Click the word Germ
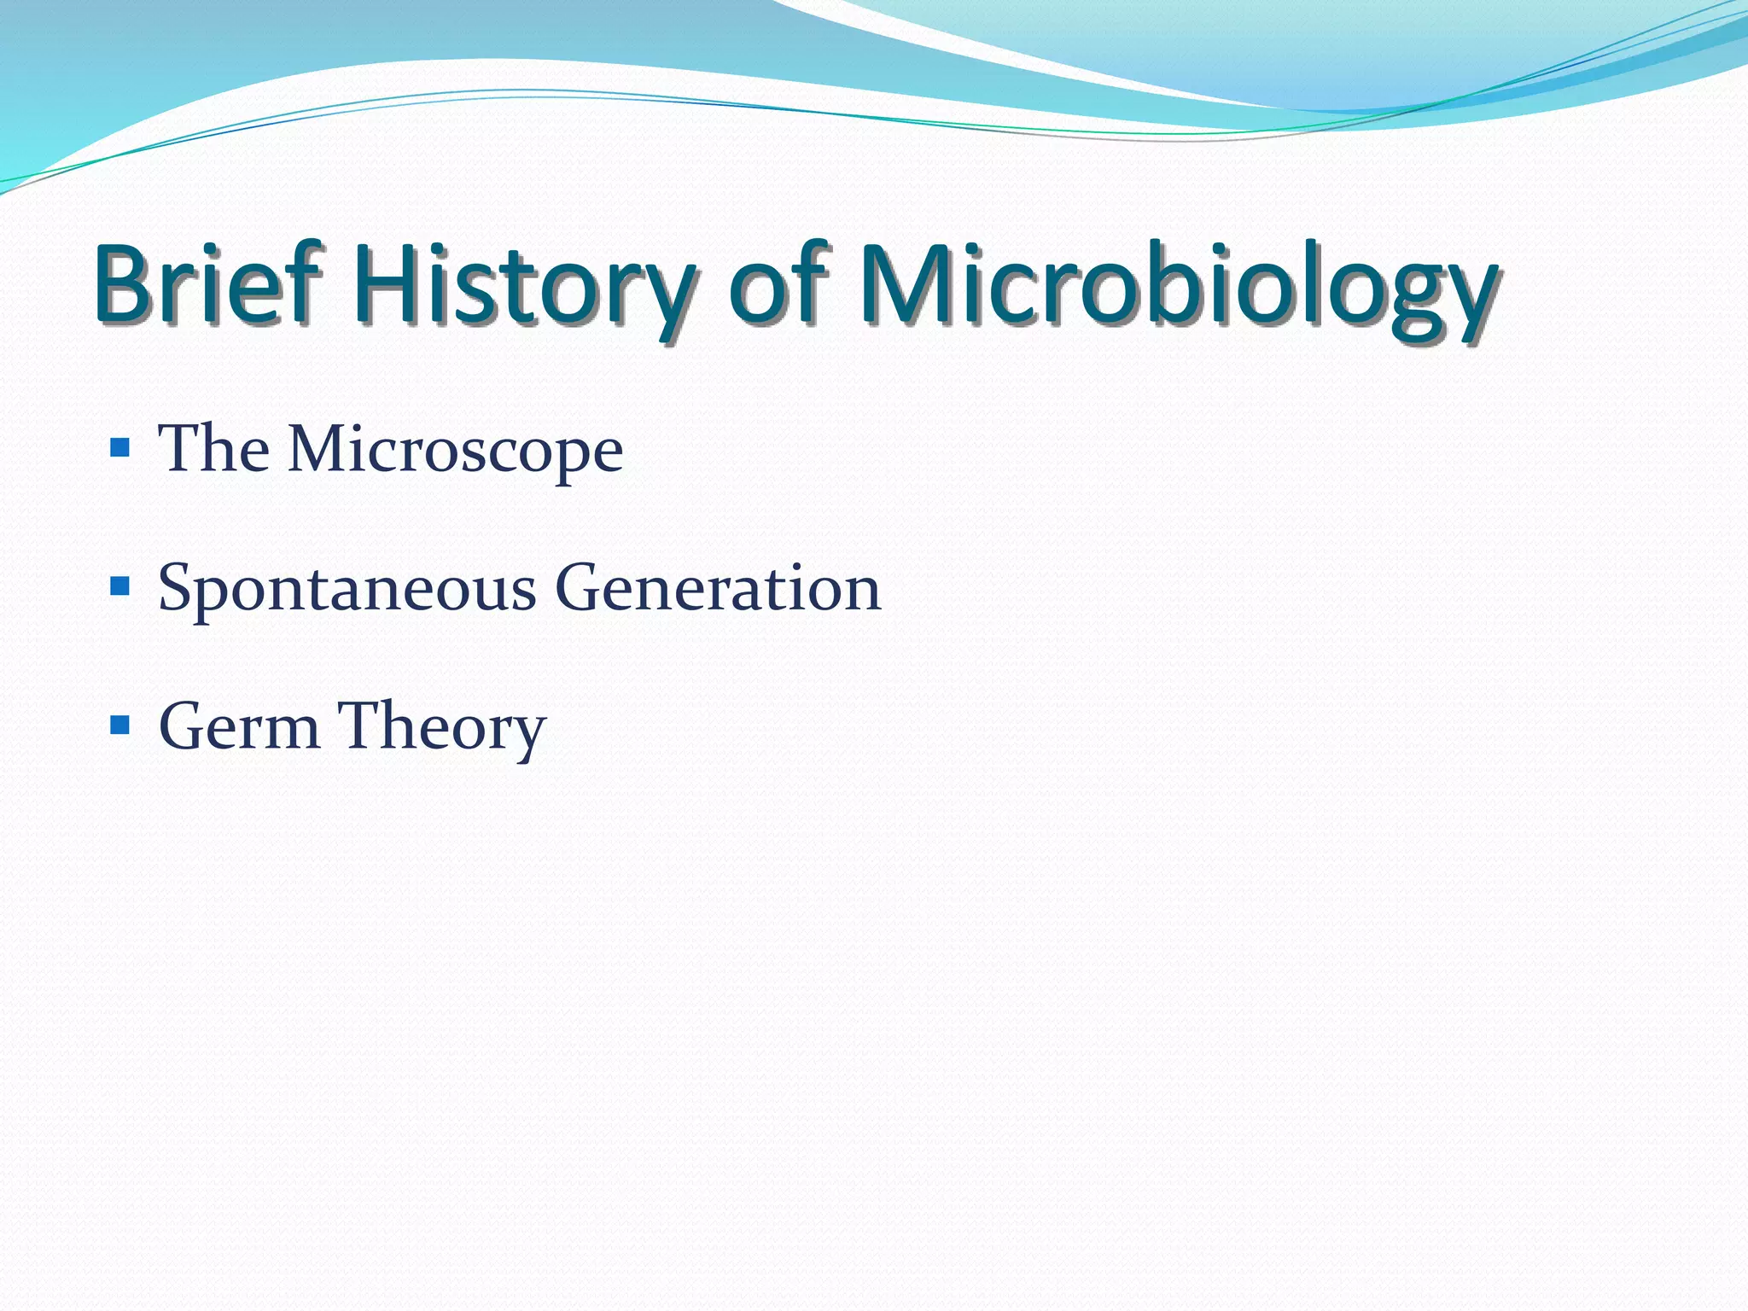239,726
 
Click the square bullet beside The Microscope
120,447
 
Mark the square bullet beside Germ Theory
120,725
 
